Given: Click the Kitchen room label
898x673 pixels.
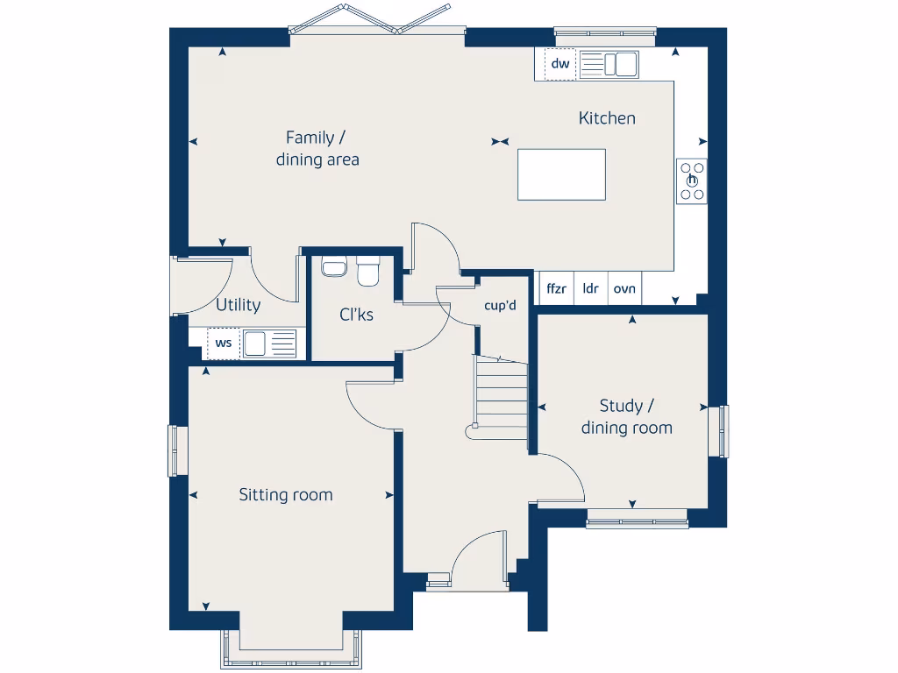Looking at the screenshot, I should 607,118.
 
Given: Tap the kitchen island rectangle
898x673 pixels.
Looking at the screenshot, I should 561,174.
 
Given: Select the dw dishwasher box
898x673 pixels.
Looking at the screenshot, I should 560,64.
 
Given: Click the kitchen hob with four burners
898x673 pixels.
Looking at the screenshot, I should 692,181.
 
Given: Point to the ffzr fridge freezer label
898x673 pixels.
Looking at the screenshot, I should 556,288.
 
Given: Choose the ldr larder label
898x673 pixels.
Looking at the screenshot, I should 590,288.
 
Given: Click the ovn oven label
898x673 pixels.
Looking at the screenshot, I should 624,288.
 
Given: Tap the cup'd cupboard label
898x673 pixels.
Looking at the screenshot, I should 500,306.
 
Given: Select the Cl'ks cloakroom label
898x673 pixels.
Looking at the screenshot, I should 356,314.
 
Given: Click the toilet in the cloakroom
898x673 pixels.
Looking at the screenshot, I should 368,271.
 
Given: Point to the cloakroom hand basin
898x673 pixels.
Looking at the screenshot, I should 333,266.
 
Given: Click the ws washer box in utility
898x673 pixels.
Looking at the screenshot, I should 224,343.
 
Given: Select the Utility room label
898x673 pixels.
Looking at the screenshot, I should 238,305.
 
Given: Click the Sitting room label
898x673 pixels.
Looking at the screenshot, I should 286,495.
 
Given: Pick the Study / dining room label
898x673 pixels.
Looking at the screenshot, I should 626,416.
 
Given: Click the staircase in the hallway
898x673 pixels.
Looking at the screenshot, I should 501,399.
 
